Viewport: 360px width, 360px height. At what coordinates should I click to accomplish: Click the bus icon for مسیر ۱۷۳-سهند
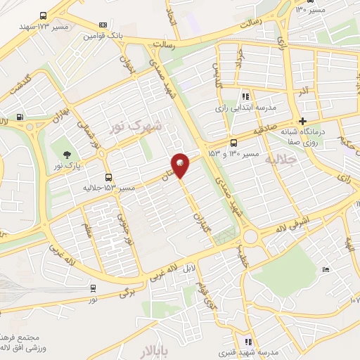tap(44, 16)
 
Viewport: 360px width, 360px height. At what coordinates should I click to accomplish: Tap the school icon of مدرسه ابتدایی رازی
tap(245, 97)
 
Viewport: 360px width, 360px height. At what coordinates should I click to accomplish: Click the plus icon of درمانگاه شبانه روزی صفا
tap(303, 121)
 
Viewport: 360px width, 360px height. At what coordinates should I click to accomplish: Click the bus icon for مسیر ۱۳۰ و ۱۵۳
tap(234, 142)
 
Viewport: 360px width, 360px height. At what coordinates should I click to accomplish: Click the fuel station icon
tap(19, 117)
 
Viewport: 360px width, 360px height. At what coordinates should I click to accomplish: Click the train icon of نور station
tap(94, 288)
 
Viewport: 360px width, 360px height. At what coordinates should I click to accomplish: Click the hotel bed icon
tap(324, 270)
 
